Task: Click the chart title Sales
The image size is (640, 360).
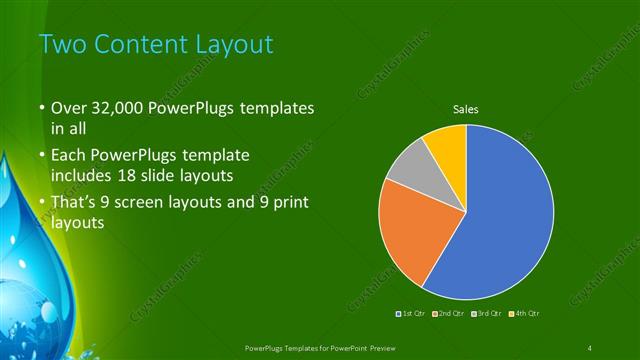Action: coord(466,108)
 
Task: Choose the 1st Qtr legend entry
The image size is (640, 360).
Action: coord(413,314)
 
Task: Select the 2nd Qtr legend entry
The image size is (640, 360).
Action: coord(451,314)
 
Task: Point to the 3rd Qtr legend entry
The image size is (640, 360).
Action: coord(488,314)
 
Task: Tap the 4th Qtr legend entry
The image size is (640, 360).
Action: coord(526,314)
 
